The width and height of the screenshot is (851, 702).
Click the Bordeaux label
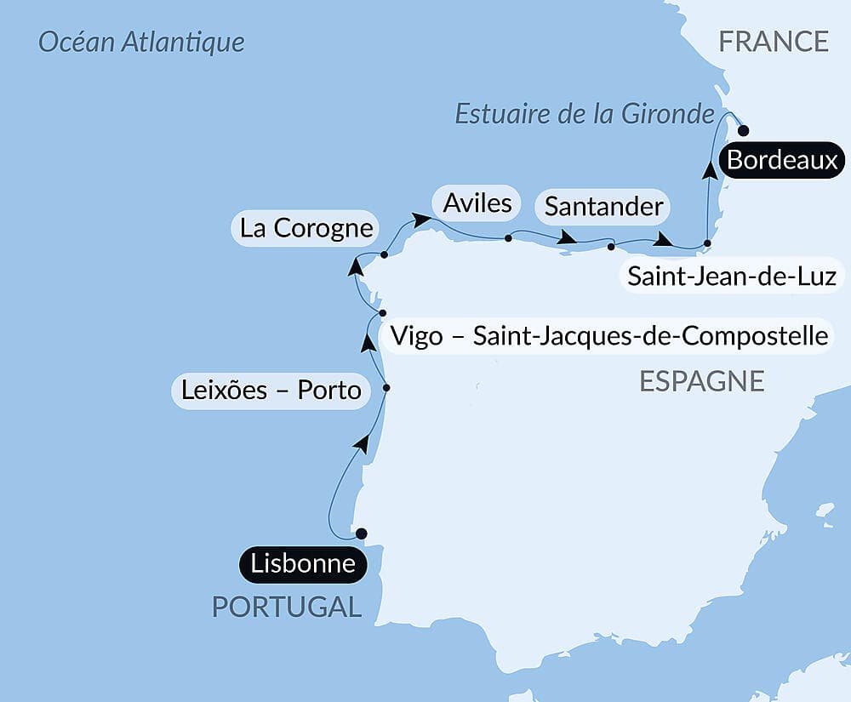point(783,160)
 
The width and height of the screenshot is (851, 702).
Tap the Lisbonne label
point(303,564)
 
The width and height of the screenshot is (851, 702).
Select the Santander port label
point(603,207)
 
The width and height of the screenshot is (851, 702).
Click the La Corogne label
point(306,228)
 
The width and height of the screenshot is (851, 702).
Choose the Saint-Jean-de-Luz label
point(732,277)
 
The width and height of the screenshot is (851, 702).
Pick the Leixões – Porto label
point(271,391)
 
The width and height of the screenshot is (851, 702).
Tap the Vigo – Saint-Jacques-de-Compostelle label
point(608,335)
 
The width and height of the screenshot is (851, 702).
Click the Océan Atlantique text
point(141,42)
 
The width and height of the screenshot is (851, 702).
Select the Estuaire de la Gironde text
point(584,113)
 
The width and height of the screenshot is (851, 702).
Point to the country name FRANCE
point(774,41)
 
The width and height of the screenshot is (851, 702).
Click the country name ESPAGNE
point(701,381)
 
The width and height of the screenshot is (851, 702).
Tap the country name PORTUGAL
point(286,607)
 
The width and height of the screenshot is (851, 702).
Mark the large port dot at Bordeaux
point(743,131)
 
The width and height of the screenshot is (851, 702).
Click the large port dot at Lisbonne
point(361,534)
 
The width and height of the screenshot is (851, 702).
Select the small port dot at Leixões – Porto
point(386,388)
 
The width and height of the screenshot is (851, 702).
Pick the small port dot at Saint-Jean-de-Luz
point(707,244)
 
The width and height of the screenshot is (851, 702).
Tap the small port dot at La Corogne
point(385,254)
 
